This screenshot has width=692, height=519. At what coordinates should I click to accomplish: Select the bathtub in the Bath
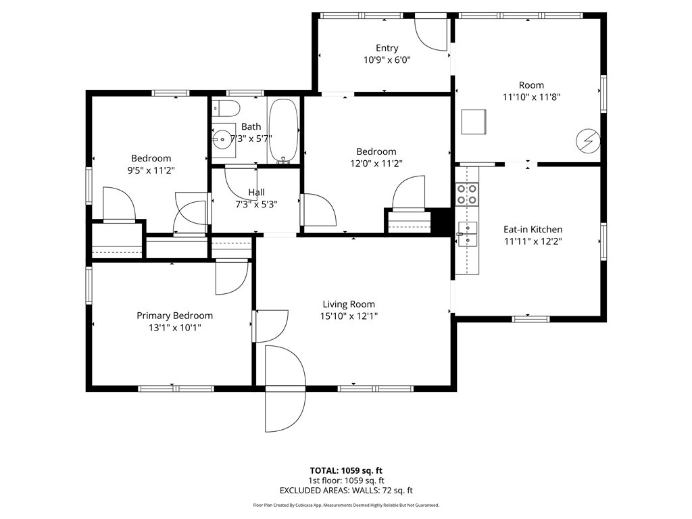[284, 131]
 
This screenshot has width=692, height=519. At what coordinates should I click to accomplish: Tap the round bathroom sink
[222, 139]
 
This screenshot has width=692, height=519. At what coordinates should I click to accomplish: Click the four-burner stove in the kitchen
[467, 194]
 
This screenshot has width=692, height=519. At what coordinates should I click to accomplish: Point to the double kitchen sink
[467, 234]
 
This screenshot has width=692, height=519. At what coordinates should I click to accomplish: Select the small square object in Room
[474, 122]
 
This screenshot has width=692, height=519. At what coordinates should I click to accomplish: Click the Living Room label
[349, 304]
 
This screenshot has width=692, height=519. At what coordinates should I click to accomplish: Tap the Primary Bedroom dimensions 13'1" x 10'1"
[175, 328]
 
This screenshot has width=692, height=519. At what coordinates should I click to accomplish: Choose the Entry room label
[387, 48]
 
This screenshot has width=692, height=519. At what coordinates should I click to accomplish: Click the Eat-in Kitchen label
[533, 230]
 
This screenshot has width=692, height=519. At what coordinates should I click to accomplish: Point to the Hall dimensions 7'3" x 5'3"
[256, 204]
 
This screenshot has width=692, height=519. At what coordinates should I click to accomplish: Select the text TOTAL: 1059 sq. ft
[346, 470]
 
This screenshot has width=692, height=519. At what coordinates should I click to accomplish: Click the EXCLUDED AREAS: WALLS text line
[346, 491]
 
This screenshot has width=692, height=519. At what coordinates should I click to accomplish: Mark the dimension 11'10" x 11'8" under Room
[531, 97]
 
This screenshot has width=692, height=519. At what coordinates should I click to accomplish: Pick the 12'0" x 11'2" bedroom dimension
[376, 164]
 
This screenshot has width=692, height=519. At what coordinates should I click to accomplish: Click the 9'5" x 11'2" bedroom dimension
[151, 170]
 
